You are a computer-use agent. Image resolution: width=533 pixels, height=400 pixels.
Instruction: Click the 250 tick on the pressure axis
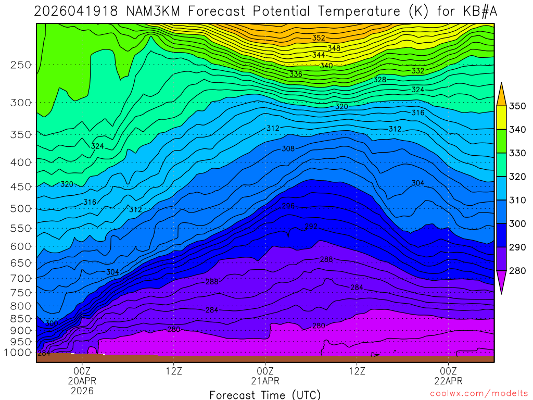click(x=21, y=65)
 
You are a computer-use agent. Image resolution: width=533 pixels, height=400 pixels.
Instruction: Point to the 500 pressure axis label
click(x=21, y=209)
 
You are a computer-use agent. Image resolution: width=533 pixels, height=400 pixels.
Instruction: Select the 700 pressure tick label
click(x=21, y=279)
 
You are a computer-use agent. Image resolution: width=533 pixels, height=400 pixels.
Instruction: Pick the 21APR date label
click(x=265, y=381)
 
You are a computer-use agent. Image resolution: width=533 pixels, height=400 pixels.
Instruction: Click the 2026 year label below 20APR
click(x=82, y=391)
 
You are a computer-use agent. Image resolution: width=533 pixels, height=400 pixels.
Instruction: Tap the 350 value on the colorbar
click(x=517, y=106)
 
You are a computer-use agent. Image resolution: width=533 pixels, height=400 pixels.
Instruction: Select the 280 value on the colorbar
click(x=517, y=271)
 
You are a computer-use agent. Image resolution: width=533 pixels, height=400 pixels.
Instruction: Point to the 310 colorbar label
click(x=517, y=201)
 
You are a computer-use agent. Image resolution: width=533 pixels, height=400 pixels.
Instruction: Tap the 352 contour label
click(x=319, y=38)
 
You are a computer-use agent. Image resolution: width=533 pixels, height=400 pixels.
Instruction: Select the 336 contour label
click(x=296, y=74)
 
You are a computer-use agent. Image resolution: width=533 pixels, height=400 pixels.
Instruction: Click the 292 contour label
click(x=311, y=227)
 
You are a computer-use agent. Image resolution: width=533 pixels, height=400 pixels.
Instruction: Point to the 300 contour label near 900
click(x=52, y=323)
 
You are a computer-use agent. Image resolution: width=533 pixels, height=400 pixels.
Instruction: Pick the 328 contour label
click(x=380, y=80)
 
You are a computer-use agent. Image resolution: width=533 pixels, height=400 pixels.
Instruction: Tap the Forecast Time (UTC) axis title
click(x=265, y=395)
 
